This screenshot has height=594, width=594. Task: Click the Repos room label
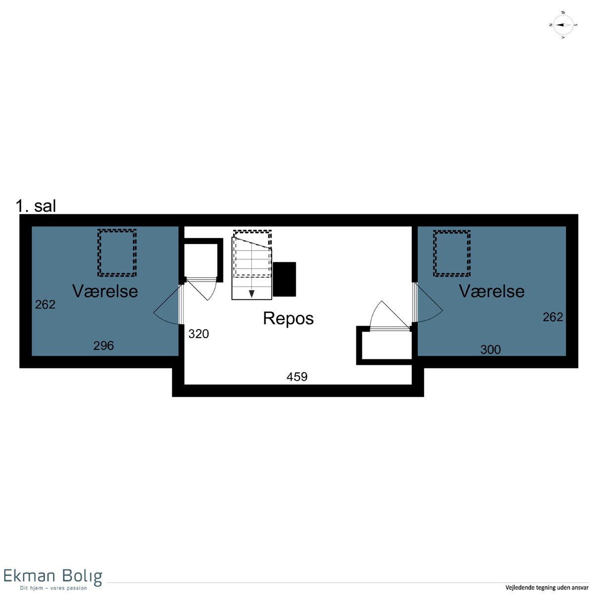(288, 318)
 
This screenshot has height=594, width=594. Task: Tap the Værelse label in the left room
(105, 291)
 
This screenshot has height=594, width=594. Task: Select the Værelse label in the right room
(492, 291)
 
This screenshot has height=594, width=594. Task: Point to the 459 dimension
(297, 377)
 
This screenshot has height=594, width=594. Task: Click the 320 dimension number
(198, 334)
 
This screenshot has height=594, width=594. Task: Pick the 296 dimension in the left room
(103, 346)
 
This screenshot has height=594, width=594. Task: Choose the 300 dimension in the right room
(491, 349)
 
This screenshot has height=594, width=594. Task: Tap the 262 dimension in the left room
(45, 304)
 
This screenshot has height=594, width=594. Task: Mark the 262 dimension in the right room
(553, 317)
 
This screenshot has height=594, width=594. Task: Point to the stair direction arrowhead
(251, 294)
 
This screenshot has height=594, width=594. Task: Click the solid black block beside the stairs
(284, 279)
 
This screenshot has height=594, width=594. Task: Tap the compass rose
(563, 25)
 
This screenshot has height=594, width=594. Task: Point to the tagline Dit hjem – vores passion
(53, 588)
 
